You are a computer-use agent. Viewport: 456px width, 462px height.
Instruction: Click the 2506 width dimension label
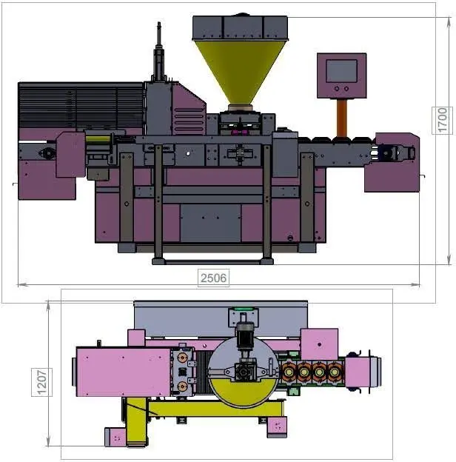(x=214, y=278)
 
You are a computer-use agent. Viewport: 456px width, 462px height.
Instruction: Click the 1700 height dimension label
(x=442, y=120)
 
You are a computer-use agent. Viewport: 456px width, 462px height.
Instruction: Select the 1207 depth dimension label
(x=42, y=382)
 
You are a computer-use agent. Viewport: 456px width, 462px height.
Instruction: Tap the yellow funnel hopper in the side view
(x=240, y=72)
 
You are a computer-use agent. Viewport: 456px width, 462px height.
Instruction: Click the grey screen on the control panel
(x=342, y=71)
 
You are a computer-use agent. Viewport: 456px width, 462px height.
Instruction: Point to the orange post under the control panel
(x=342, y=117)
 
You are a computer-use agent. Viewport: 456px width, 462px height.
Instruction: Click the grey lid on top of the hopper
(x=240, y=28)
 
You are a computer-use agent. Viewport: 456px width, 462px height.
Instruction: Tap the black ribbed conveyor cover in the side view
(x=81, y=105)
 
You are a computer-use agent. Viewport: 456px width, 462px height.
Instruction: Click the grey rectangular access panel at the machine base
(x=210, y=223)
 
